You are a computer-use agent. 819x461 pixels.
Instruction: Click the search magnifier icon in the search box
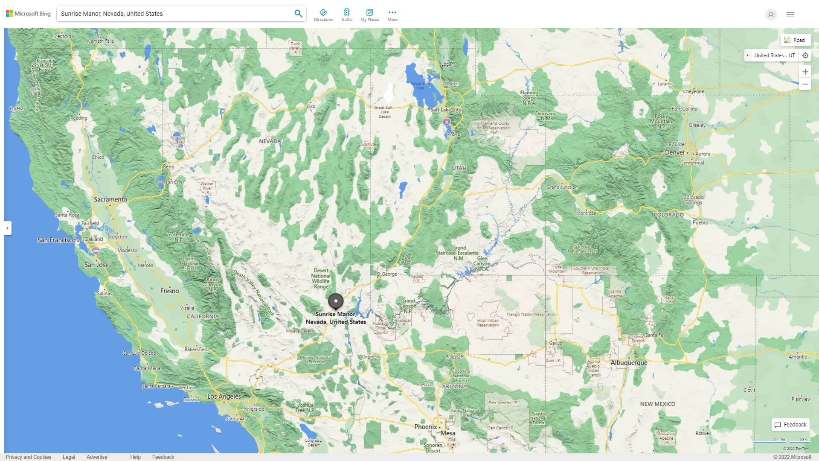click(298, 14)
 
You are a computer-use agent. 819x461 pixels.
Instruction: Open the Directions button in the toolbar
click(323, 15)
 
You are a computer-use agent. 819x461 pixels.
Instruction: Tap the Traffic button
click(346, 15)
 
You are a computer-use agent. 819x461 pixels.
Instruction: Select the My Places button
click(369, 15)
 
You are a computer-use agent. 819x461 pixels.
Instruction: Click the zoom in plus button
click(805, 72)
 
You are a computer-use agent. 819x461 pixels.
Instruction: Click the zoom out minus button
click(805, 84)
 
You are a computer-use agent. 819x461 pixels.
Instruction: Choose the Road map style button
click(795, 40)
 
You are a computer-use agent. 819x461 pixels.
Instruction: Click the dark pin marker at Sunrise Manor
click(336, 301)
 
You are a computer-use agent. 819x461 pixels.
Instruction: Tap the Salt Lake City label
click(445, 110)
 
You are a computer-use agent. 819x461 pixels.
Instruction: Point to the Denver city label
click(675, 152)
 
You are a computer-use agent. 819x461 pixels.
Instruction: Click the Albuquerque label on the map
click(629, 363)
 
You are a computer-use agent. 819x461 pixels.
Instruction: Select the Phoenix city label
click(426, 426)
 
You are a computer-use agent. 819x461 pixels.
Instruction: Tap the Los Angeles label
click(224, 397)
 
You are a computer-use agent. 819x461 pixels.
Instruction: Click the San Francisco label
click(56, 240)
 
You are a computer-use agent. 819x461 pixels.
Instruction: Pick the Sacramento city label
click(110, 199)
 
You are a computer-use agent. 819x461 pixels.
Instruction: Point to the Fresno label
click(170, 291)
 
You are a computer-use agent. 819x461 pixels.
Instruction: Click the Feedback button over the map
click(790, 425)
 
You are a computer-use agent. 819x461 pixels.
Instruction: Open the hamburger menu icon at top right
click(790, 15)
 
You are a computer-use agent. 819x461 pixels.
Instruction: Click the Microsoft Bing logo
click(28, 14)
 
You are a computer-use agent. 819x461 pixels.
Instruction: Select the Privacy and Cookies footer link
click(29, 457)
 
